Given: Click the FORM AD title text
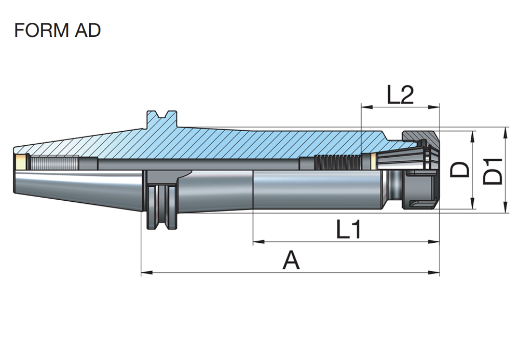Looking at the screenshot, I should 57,31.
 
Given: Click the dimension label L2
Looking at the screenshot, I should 400,95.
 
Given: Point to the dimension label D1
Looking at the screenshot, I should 493,170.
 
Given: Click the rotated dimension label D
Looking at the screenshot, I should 460,170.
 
